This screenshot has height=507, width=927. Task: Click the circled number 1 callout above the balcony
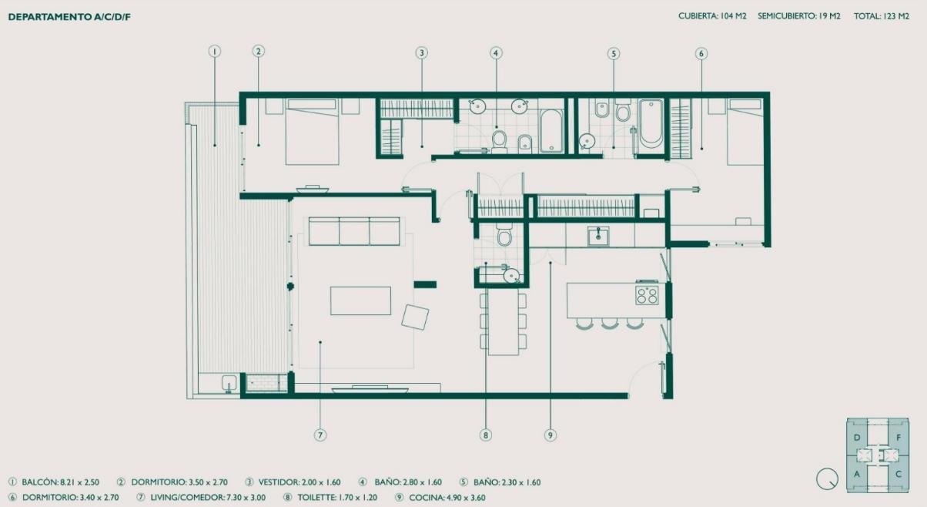214,52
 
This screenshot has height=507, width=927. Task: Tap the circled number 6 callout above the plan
701,53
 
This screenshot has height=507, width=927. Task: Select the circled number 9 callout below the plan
550,435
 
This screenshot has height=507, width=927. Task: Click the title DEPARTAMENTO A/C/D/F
69,17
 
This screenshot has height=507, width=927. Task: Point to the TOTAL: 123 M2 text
882,16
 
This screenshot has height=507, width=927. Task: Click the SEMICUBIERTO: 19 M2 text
798,16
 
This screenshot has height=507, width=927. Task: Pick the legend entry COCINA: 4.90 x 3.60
447,498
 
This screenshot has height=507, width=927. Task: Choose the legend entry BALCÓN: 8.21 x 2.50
60,482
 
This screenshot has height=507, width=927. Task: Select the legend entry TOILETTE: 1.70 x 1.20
337,498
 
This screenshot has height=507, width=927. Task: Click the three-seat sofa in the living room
354,231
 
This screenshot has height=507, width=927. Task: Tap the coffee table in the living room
360,301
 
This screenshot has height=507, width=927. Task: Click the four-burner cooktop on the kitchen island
647,295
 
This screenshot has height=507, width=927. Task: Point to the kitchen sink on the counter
598,236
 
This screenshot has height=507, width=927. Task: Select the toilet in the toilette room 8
504,235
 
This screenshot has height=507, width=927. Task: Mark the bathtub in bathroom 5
651,122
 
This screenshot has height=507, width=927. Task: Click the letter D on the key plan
857,438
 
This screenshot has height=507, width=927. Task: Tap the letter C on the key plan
899,474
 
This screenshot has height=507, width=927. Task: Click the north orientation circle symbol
827,478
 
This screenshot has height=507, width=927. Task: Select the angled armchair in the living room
415,317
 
